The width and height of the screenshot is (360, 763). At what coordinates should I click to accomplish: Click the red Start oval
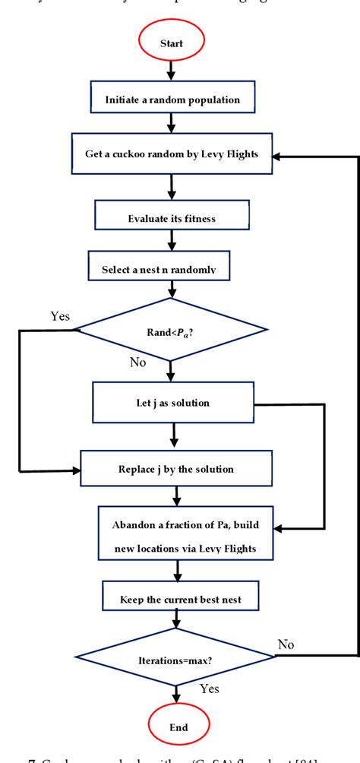click(x=171, y=43)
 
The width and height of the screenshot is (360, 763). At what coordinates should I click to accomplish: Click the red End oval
click(x=178, y=727)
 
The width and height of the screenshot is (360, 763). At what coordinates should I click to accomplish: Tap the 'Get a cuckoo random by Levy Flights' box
click(x=171, y=155)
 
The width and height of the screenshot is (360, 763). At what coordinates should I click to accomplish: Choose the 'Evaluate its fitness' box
click(x=172, y=219)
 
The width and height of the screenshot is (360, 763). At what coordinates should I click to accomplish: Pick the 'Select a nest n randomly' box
click(x=169, y=270)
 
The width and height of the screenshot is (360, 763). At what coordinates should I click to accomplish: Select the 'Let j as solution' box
click(x=172, y=402)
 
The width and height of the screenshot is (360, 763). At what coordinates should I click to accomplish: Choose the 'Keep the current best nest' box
click(x=180, y=599)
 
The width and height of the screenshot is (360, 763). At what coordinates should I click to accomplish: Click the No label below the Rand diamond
click(x=137, y=363)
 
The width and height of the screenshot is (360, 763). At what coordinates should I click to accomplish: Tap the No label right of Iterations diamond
click(x=286, y=644)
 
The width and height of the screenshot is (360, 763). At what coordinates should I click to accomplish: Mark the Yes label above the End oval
click(x=210, y=689)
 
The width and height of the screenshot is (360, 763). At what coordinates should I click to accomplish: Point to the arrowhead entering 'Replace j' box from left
click(x=76, y=471)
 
